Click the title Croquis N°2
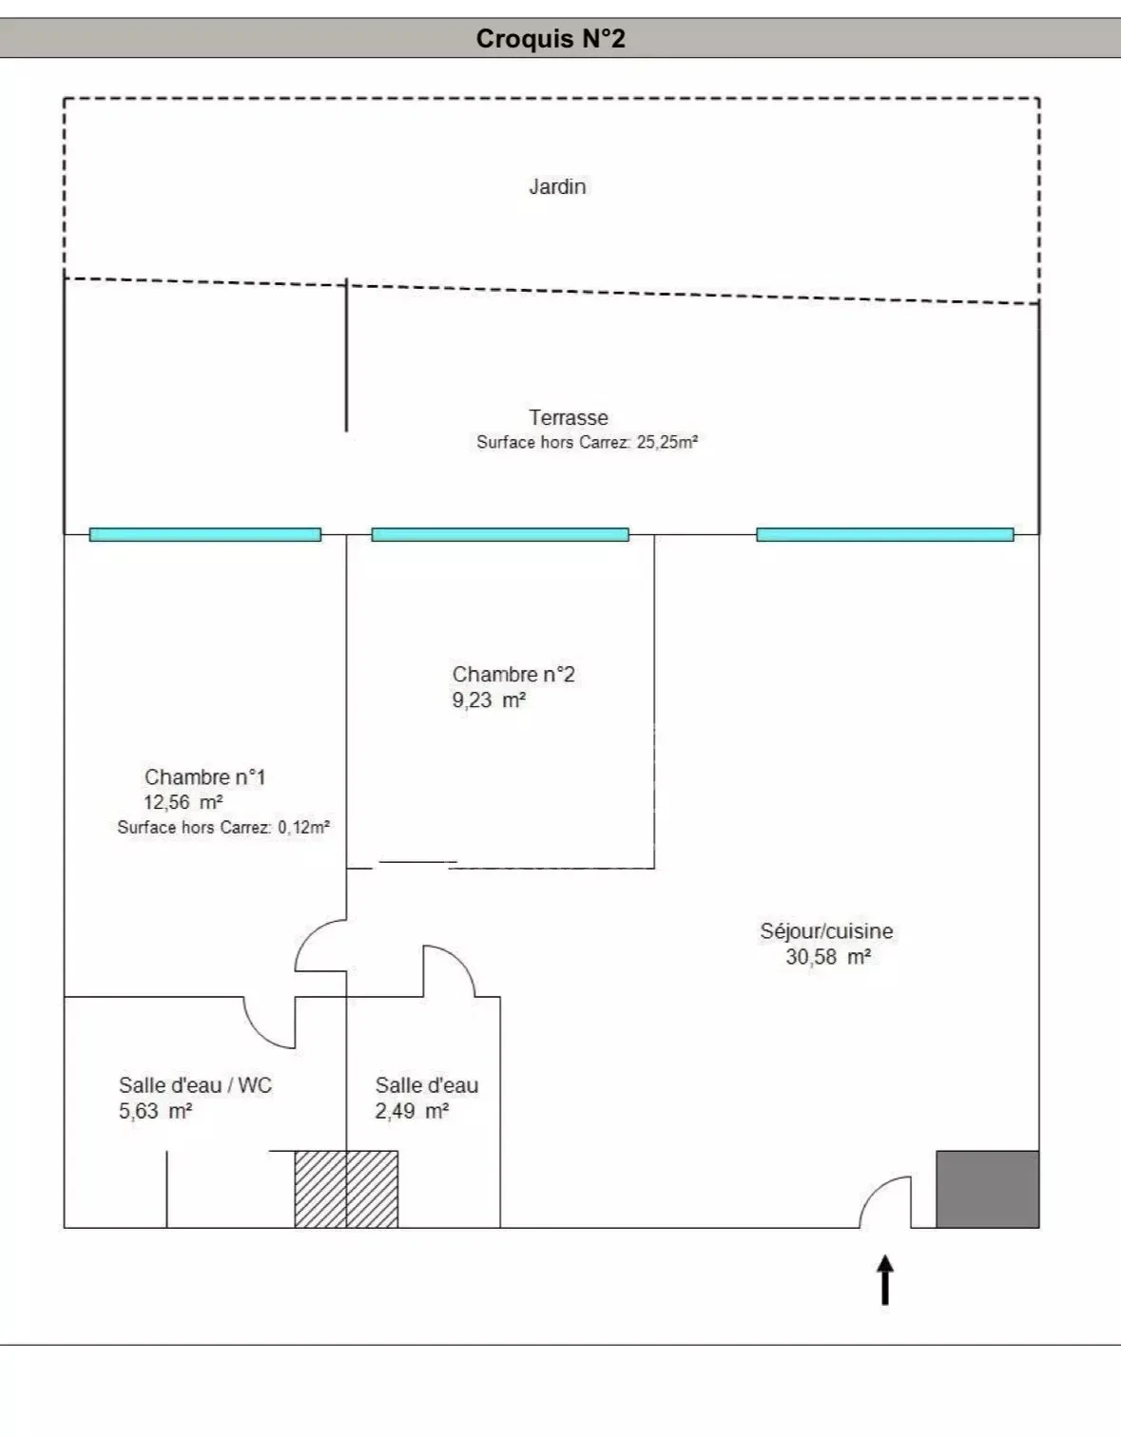(551, 38)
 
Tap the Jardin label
(557, 186)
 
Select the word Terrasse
(568, 417)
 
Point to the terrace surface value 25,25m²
(667, 442)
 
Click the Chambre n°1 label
(205, 776)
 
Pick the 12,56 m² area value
(184, 802)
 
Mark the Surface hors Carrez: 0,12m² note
(223, 827)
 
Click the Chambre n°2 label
(513, 674)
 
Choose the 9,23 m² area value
(489, 699)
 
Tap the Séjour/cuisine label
(826, 931)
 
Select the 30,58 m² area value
(828, 957)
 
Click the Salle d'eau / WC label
(195, 1085)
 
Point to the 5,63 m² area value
(155, 1111)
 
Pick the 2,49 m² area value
(412, 1111)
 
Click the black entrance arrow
(885, 1279)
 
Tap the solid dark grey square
(987, 1189)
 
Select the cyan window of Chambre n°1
(205, 534)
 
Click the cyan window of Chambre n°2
(500, 534)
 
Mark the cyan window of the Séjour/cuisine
(885, 534)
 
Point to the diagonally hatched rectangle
(346, 1189)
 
